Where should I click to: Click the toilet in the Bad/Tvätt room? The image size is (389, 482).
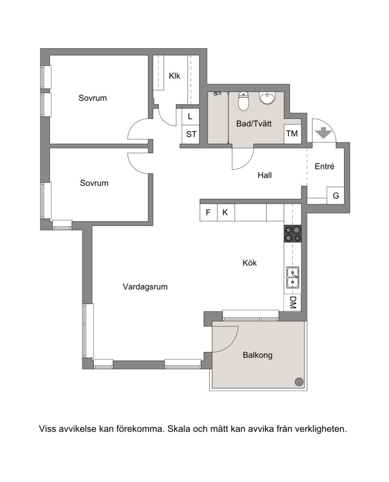(x=244, y=101)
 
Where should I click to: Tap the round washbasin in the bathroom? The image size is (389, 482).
(x=267, y=97)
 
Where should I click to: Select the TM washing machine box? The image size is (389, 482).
(x=292, y=134)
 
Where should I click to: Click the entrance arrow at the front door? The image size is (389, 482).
(x=323, y=133)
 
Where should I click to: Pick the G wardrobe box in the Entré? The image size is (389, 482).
(x=336, y=195)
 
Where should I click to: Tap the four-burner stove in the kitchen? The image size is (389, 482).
(x=293, y=233)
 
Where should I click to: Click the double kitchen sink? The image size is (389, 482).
(x=293, y=277)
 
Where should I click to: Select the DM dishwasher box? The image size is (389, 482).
(x=293, y=303)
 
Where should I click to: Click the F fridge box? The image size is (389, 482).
(x=208, y=213)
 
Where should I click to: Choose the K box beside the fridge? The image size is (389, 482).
(x=226, y=213)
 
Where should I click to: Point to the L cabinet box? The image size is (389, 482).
(x=190, y=117)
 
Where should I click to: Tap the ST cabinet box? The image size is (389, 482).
(x=191, y=134)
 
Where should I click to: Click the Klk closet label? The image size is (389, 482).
(x=175, y=75)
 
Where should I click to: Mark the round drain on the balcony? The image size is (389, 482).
(x=299, y=382)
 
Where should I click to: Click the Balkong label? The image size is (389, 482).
(x=258, y=356)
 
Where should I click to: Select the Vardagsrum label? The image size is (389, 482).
(x=145, y=287)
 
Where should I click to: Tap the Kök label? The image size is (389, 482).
(x=249, y=263)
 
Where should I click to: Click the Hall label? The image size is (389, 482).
(x=265, y=175)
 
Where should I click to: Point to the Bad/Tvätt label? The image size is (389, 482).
(x=254, y=124)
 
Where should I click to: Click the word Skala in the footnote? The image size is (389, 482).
(x=178, y=429)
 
